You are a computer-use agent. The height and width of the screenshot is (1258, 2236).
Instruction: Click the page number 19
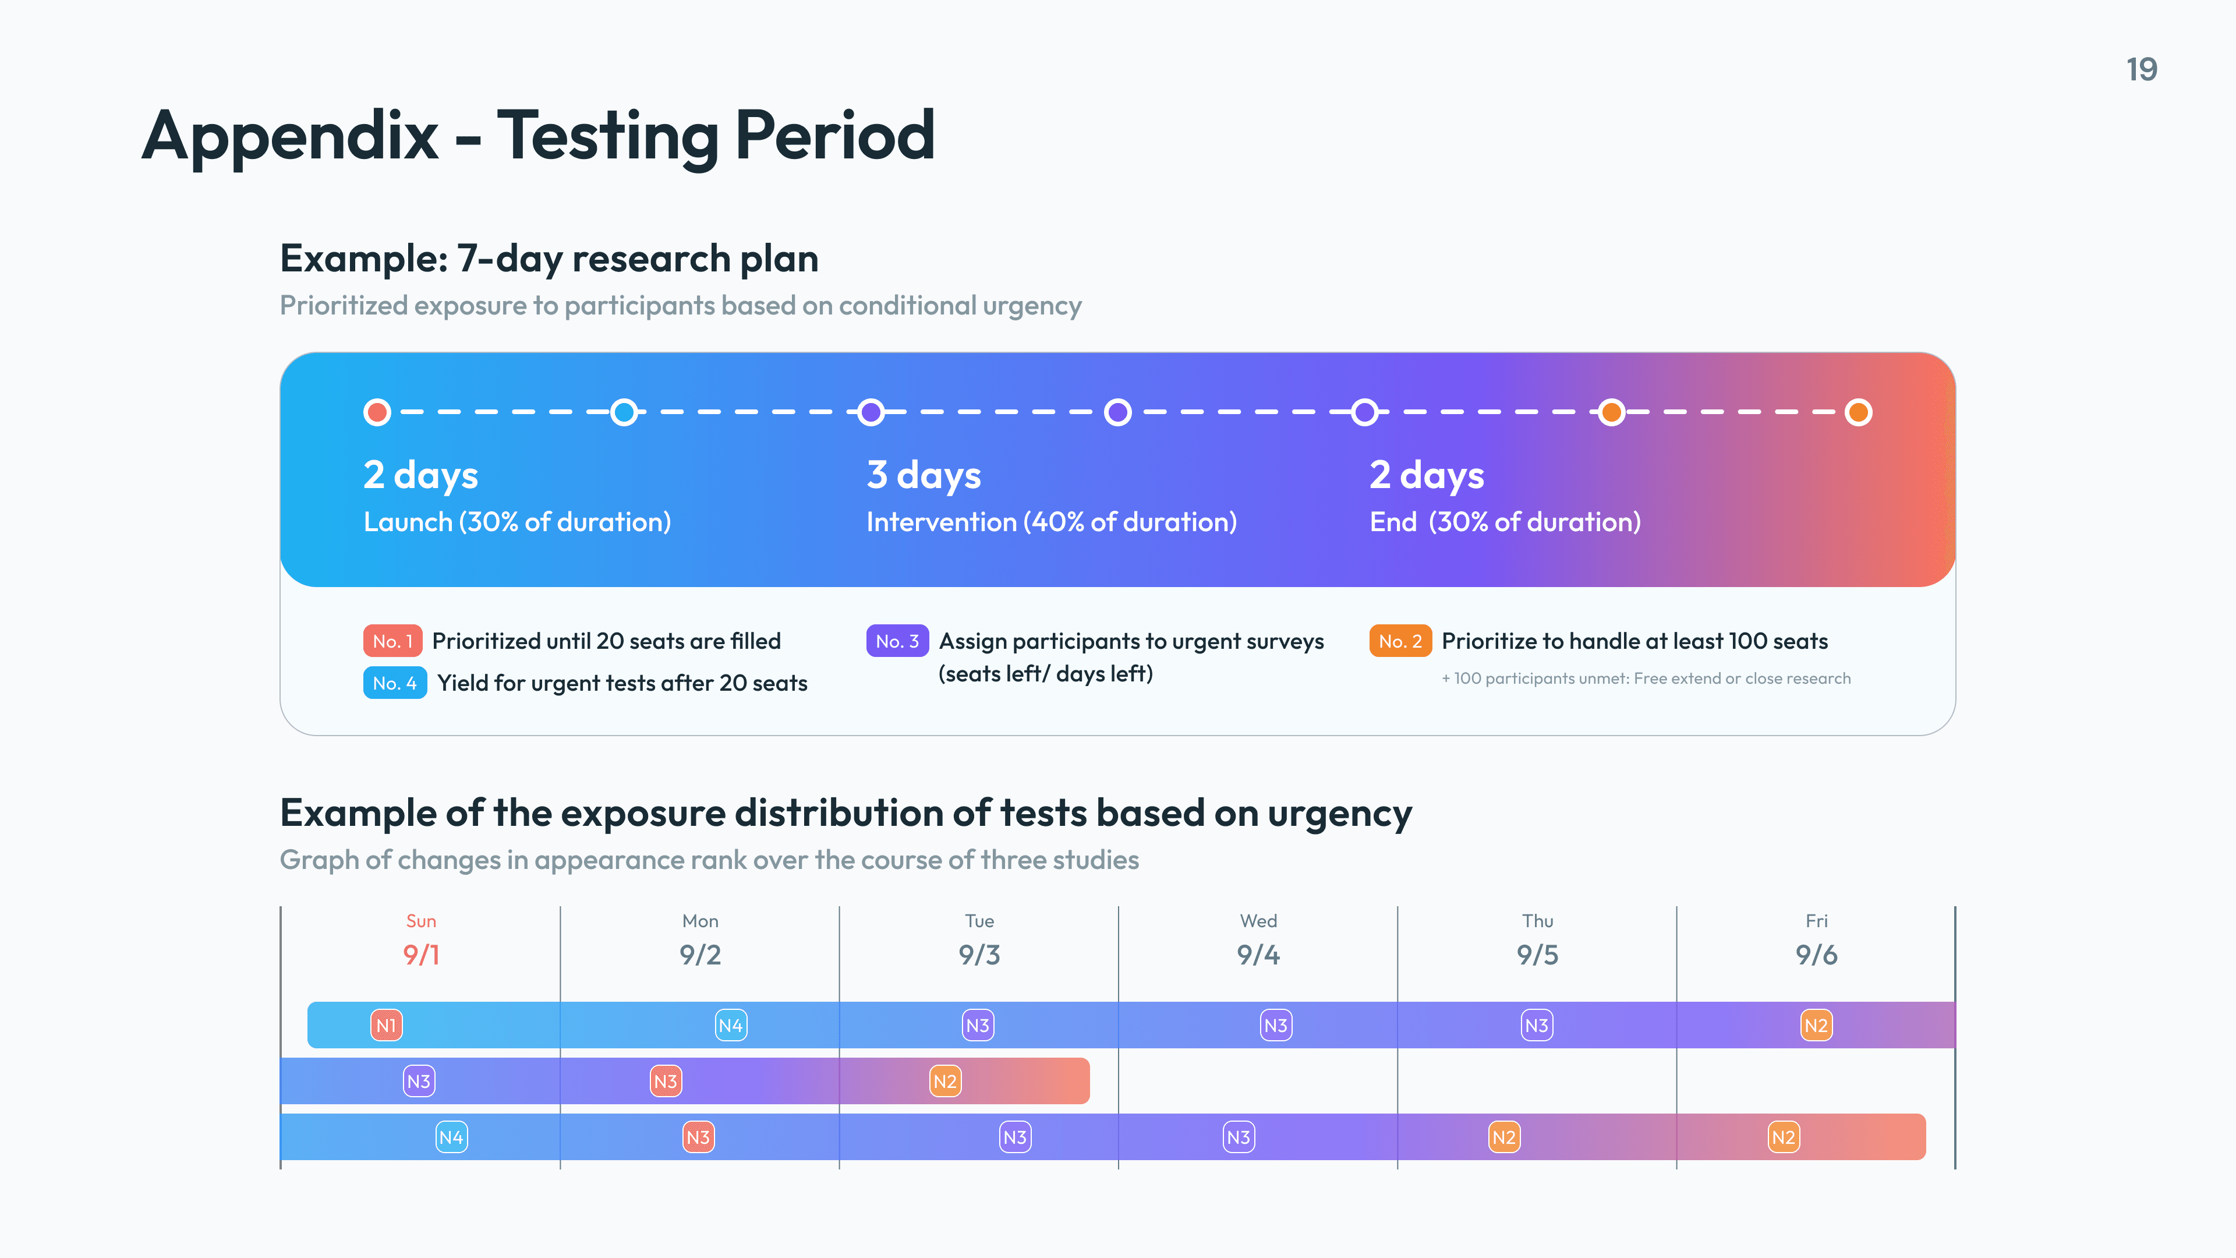point(2142,69)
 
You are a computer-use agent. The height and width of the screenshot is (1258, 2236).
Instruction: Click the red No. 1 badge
point(392,641)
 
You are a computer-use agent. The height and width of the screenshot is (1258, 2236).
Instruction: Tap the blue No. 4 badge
point(394,683)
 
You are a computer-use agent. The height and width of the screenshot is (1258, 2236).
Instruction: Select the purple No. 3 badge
point(897,641)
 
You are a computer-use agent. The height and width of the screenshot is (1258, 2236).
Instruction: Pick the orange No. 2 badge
point(1400,641)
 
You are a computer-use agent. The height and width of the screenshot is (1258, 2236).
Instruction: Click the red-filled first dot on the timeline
point(377,412)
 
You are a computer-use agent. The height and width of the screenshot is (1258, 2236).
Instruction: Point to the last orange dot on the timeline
point(1858,412)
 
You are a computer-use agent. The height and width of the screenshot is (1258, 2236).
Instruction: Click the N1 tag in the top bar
point(386,1025)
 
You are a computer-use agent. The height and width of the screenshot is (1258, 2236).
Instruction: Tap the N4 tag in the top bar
point(731,1025)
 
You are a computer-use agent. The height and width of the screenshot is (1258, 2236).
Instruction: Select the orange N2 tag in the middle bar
point(944,1081)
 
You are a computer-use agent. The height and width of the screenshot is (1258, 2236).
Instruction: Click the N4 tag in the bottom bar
point(451,1137)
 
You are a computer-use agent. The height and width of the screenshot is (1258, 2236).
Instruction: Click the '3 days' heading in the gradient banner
point(924,475)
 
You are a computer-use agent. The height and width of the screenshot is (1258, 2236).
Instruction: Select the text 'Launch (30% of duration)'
point(517,522)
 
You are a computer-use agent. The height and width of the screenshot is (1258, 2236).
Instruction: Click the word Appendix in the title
point(290,136)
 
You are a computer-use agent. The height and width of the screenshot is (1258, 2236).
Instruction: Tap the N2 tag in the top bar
point(1816,1025)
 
